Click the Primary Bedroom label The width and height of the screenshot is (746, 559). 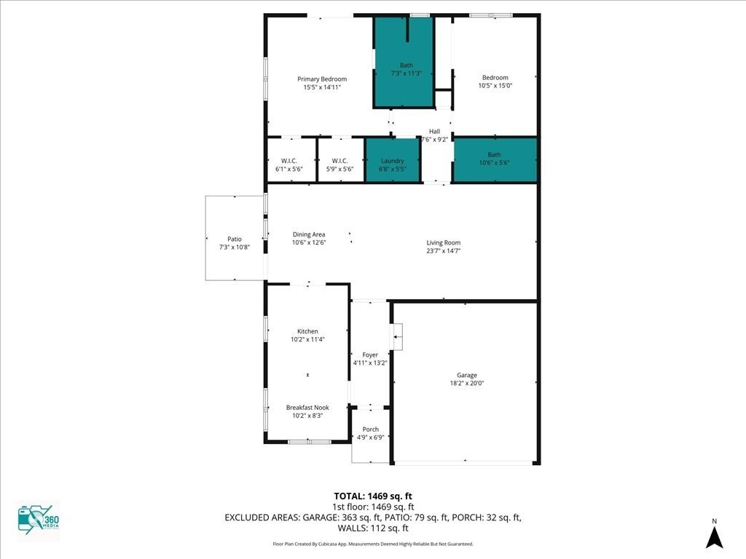click(322, 79)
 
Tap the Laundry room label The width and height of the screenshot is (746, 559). click(393, 161)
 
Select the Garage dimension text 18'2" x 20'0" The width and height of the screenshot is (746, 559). click(467, 383)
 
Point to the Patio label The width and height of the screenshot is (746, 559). click(235, 239)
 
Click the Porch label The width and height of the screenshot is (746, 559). click(371, 429)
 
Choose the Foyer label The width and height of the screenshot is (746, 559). click(370, 354)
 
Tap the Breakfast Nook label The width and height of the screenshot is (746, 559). click(307, 408)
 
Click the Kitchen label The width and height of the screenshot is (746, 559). click(308, 331)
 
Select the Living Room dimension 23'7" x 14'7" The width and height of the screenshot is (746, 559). click(444, 250)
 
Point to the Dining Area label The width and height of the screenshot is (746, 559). click(309, 234)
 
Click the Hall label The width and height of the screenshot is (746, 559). click(434, 131)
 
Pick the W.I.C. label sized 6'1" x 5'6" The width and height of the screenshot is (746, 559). click(288, 161)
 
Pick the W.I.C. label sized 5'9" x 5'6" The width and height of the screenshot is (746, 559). click(339, 161)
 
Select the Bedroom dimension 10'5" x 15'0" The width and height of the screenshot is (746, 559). click(495, 86)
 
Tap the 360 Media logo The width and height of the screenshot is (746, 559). click(39, 520)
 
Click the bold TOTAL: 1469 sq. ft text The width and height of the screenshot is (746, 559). click(373, 496)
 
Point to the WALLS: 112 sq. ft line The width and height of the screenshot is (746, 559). click(373, 528)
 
